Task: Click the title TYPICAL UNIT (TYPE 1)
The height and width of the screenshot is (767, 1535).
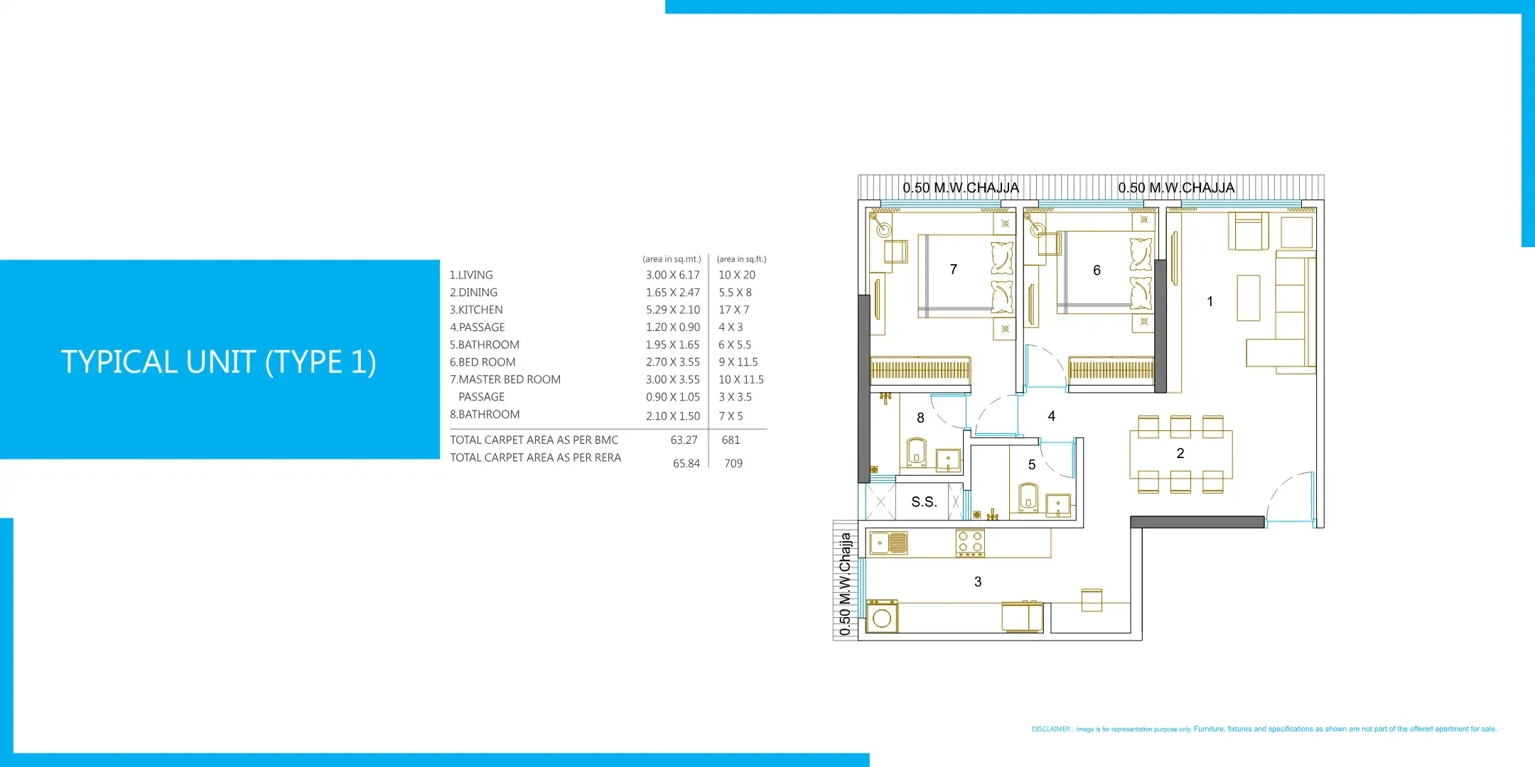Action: pos(219,361)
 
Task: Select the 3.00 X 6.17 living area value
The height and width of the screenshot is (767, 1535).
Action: pos(672,275)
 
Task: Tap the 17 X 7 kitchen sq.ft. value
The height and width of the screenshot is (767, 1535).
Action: pos(733,310)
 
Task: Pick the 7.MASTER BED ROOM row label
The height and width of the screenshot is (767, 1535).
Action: pos(505,379)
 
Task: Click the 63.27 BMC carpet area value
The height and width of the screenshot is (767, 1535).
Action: pos(684,440)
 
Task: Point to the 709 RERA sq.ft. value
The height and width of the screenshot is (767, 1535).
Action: pos(733,463)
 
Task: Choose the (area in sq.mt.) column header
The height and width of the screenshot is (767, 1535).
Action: pos(672,259)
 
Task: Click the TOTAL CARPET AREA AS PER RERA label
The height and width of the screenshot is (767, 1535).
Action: pos(535,457)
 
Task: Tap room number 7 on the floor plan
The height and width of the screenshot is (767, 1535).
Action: pos(954,269)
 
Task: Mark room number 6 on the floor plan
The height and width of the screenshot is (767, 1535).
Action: pos(1097,270)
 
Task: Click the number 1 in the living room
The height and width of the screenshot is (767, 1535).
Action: pos(1210,301)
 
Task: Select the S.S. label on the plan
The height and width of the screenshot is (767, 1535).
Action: pos(924,501)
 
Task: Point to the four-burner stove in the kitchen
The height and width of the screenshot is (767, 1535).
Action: pos(970,543)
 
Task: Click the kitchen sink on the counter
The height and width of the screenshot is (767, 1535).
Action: pos(888,543)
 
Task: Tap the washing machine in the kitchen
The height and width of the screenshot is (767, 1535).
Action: pos(882,616)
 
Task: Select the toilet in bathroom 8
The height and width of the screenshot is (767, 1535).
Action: pos(917,452)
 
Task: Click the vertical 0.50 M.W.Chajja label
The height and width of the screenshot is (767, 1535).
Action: pos(844,584)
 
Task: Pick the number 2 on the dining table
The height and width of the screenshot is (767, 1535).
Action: pos(1180,453)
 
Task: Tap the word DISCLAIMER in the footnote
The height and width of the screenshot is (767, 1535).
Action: pos(1051,729)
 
